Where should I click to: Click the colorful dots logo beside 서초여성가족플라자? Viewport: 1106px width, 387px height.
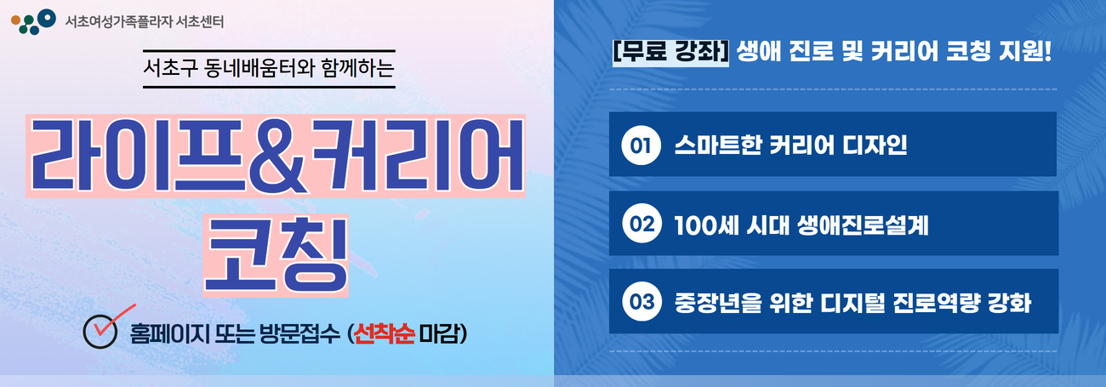[x=33, y=22]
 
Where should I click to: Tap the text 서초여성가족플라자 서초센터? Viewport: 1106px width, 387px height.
[x=144, y=22]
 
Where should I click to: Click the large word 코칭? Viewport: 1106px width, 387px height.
[x=276, y=254]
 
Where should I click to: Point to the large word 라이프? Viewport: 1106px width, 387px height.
[x=138, y=156]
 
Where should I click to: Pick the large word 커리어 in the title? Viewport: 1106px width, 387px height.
[x=417, y=156]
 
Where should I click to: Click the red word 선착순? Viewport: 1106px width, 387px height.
[x=385, y=334]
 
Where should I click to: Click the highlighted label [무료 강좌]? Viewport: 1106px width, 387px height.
[x=670, y=51]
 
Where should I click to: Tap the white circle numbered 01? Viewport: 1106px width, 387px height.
[x=641, y=145]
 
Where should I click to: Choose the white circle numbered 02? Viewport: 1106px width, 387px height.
[x=641, y=224]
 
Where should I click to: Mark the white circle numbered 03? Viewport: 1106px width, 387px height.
[x=641, y=302]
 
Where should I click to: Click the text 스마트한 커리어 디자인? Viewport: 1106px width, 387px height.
[x=791, y=145]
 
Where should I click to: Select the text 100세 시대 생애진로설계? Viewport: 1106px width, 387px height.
[x=801, y=225]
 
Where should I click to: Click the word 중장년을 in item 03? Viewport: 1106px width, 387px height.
[x=718, y=303]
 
